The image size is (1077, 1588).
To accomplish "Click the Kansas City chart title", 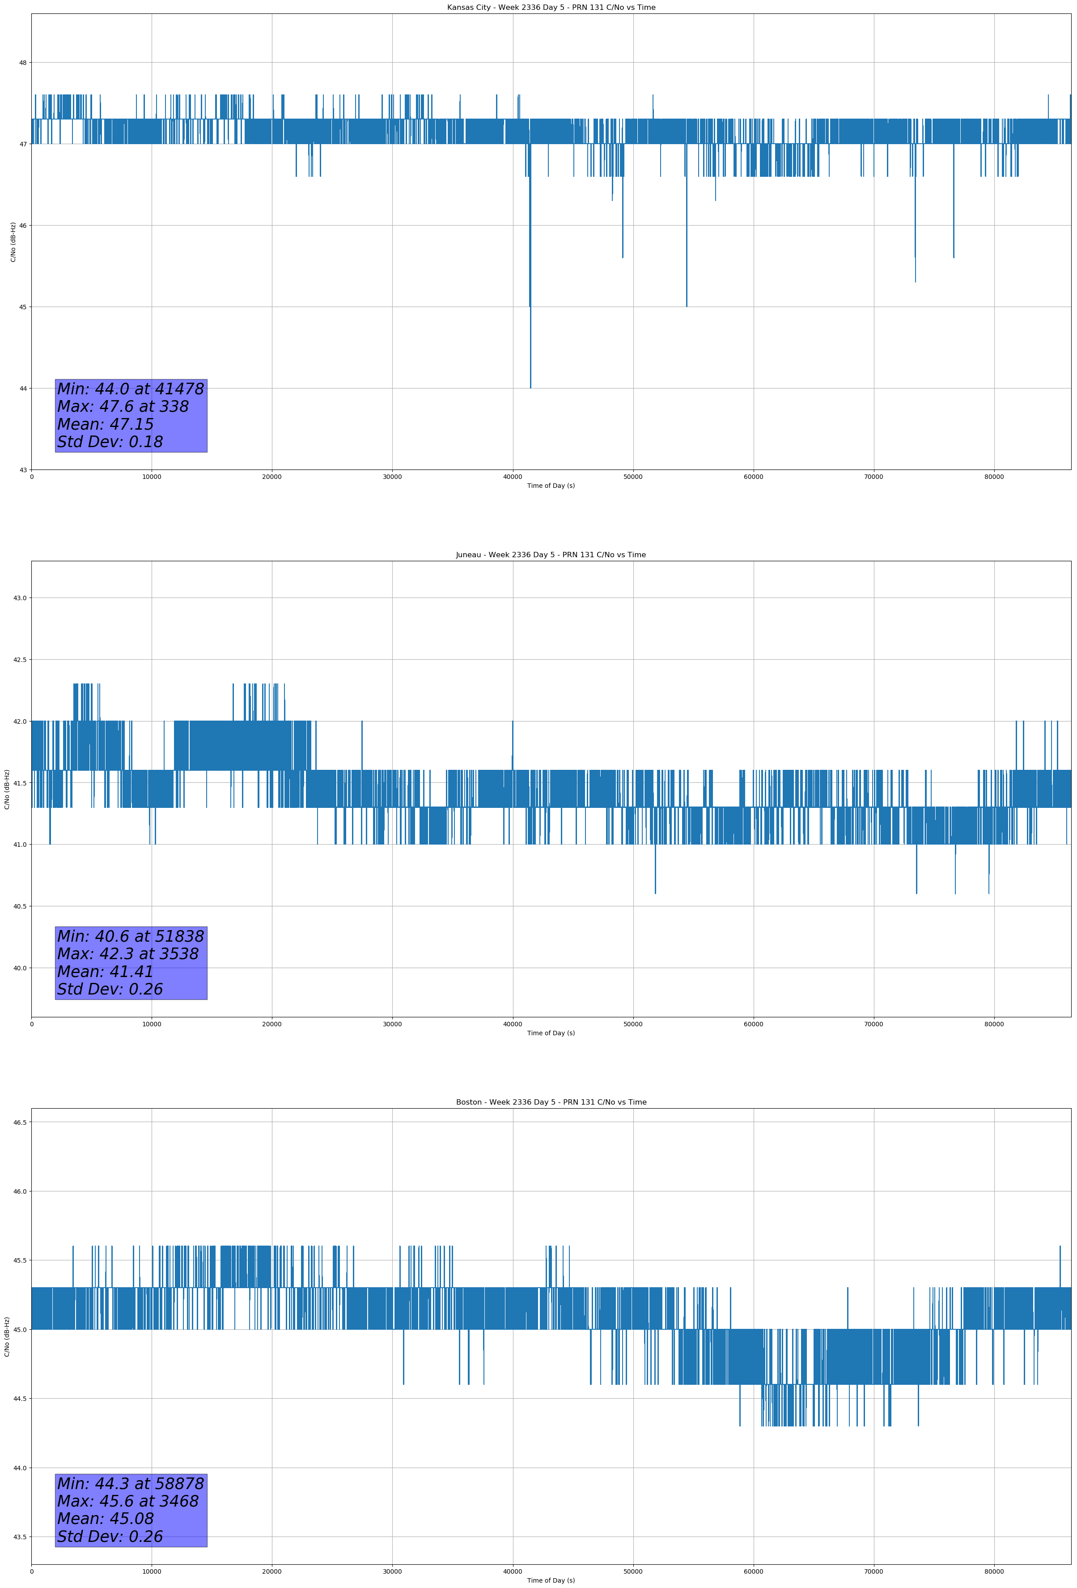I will pos(551,8).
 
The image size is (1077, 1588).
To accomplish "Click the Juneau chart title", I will pos(551,555).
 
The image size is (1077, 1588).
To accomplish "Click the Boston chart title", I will pos(551,1102).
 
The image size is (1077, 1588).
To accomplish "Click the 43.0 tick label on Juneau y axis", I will pos(20,598).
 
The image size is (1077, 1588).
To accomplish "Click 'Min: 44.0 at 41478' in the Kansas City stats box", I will pos(131,389).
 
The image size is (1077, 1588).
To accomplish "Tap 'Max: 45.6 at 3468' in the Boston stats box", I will pos(128,1501).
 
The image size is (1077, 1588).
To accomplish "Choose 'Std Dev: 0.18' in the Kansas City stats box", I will pos(110,442).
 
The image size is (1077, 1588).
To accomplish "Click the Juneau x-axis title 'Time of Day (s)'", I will pos(551,1033).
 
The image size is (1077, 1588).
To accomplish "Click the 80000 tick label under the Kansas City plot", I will pos(994,477).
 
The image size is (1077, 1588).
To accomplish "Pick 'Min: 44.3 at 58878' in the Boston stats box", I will pos(131,1483).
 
